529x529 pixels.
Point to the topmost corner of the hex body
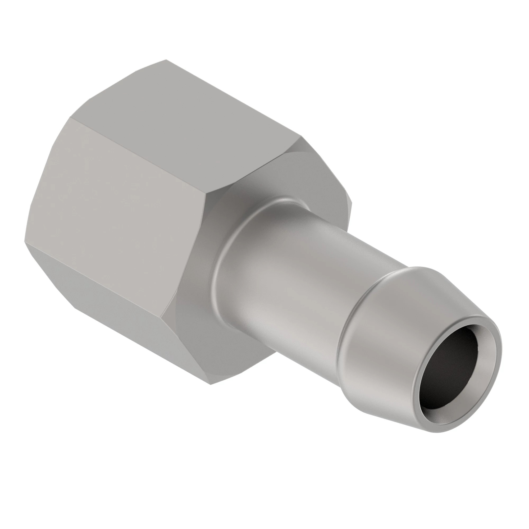tap(166, 60)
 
